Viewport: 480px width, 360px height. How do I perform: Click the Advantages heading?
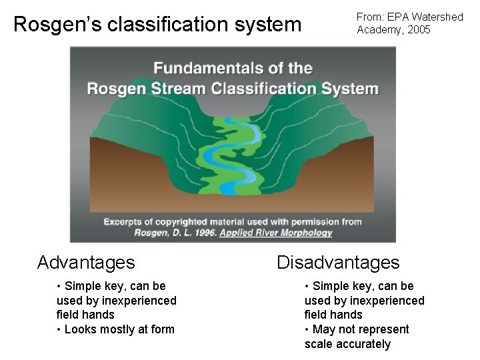pos(86,263)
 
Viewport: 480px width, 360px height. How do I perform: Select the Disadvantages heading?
pos(338,263)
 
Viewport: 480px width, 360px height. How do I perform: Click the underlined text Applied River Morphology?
pos(275,233)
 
